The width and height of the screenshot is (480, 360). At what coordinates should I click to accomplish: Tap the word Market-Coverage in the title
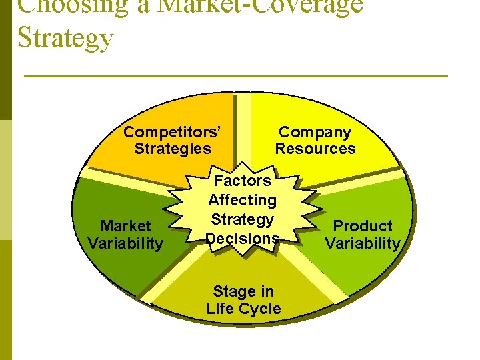260,5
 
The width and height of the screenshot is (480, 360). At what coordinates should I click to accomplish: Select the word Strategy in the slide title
66,37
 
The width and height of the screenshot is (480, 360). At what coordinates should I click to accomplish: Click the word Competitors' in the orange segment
172,131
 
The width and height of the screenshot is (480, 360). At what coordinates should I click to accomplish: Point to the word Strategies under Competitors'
172,149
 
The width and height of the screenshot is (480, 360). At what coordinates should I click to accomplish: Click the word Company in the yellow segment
315,131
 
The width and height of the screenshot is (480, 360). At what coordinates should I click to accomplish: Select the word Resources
315,149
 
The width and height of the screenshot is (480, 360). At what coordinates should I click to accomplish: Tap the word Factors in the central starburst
243,180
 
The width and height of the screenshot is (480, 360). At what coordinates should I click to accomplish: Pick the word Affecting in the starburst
242,199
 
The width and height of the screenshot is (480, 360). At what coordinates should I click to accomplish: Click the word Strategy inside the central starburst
242,219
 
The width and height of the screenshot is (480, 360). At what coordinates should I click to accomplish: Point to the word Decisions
242,238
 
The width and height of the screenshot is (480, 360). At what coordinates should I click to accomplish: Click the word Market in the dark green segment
125,226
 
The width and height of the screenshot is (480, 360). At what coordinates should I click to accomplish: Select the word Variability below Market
125,243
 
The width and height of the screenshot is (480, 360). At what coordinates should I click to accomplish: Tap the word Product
363,226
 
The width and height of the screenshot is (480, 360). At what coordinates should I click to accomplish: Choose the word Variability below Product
363,243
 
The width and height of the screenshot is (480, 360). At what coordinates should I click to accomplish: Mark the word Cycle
262,309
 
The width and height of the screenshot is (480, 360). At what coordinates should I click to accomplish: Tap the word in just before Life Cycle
267,291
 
